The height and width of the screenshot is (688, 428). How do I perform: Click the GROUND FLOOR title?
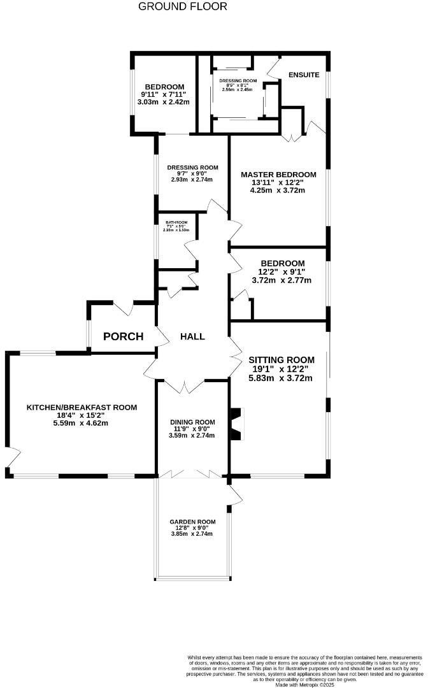click(x=182, y=7)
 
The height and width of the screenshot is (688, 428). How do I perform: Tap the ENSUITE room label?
click(x=304, y=75)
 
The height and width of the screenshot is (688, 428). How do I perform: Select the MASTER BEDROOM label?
click(x=278, y=175)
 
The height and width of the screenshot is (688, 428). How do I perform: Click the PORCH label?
click(x=124, y=336)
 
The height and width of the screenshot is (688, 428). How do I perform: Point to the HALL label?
click(x=192, y=336)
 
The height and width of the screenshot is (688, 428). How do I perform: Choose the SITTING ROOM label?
click(x=281, y=359)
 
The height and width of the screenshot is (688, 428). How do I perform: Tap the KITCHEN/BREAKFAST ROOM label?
click(x=82, y=407)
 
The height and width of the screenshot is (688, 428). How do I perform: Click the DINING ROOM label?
click(x=192, y=422)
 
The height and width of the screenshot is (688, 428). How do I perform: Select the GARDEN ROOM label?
click(x=192, y=522)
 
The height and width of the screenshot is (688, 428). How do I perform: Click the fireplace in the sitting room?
click(x=236, y=424)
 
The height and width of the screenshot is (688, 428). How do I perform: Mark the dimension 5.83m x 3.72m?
click(x=281, y=378)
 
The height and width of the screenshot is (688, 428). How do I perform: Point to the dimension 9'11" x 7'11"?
click(x=164, y=94)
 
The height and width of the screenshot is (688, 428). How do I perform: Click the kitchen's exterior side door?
click(x=10, y=457)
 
